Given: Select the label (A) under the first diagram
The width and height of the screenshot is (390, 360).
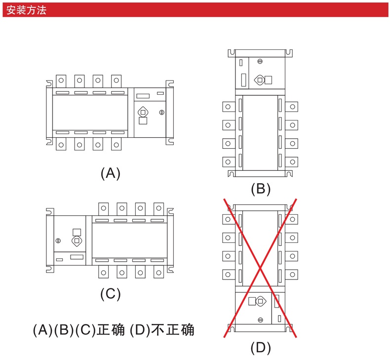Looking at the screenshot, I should (111, 173).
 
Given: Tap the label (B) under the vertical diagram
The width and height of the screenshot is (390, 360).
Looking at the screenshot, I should (261, 189).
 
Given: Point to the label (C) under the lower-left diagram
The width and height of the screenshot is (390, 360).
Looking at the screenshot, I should (111, 294).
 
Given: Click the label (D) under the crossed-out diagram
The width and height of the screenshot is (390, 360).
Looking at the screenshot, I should (261, 348).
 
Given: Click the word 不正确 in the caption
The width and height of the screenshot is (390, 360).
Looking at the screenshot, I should (173, 330).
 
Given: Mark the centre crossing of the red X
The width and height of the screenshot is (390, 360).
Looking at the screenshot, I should (260, 268).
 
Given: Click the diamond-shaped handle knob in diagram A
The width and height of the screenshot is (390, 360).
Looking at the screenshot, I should (143, 112).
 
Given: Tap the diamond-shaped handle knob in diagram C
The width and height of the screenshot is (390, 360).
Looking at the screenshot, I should (77, 240).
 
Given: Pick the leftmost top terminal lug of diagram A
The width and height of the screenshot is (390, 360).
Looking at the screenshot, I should (61, 80).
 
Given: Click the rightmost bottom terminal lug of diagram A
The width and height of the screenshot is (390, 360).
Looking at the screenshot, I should (117, 145).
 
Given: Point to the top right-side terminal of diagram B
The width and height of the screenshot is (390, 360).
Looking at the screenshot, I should (292, 107).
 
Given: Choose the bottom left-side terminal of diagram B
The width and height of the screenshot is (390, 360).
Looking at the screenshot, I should (228, 161).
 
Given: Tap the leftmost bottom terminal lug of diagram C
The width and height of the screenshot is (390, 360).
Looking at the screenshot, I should (104, 272).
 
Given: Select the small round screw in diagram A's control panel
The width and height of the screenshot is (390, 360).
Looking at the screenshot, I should (161, 113).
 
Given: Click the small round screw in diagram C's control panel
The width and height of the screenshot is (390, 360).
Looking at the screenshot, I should (58, 240).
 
